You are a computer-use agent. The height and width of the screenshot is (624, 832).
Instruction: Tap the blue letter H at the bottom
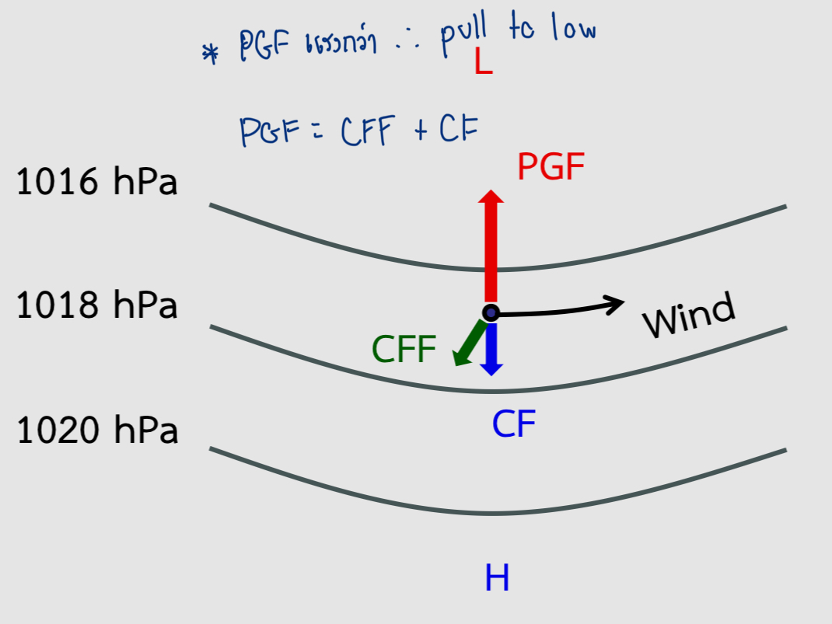[x=497, y=577]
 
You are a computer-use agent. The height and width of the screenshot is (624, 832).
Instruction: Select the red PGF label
[x=551, y=167]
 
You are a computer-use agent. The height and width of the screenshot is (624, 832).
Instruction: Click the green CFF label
[x=404, y=350]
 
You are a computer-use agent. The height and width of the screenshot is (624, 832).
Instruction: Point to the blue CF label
[x=513, y=424]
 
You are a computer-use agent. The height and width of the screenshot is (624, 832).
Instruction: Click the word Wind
[x=689, y=315]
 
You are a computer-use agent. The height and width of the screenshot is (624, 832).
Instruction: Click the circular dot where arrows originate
[x=491, y=312]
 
